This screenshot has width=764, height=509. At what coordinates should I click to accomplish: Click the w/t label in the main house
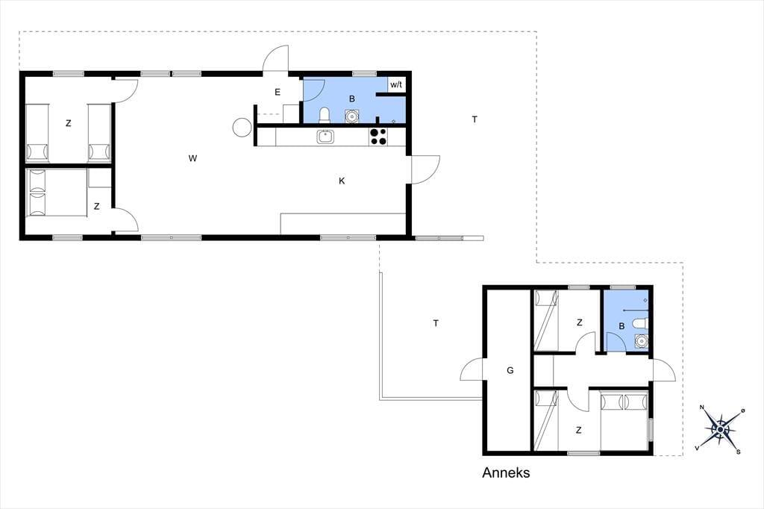396,85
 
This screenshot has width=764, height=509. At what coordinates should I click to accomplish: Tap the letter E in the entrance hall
278,92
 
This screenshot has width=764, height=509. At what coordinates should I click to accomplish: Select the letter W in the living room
193,158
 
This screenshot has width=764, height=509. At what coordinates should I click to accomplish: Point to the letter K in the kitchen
342,181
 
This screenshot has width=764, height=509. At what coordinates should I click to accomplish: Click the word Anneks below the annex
506,472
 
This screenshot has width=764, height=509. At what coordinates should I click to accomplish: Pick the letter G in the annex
510,370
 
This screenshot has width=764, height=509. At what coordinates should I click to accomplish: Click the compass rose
721,429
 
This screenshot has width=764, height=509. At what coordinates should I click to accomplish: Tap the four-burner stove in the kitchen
378,137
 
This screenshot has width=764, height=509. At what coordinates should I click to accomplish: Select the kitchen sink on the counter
325,137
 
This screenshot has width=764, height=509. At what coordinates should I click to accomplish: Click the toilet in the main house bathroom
325,116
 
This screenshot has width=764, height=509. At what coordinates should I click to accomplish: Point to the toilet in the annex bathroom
640,324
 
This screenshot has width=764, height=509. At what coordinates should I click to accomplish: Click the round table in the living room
242,128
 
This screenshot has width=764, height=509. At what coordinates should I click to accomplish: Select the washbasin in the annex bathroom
642,341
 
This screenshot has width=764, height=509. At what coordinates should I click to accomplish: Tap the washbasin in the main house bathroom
351,116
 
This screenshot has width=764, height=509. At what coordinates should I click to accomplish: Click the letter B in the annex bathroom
621,326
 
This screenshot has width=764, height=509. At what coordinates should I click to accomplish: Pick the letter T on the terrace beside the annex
436,322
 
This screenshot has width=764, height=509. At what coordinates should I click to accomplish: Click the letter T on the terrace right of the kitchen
475,119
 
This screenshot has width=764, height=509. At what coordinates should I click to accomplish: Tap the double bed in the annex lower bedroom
624,421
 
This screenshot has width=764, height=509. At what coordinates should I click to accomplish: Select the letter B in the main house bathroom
352,99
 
